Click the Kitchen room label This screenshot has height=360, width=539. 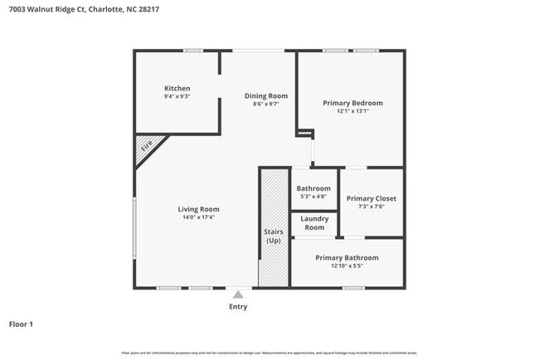tap(177, 89)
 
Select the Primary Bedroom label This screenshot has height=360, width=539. tap(352, 103)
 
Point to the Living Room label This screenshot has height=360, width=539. tap(198, 209)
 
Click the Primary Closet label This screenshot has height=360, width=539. tap(371, 199)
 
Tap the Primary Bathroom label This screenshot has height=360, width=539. tap(347, 258)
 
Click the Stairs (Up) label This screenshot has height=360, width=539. tap(274, 236)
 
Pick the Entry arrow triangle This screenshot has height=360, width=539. tap(238, 294)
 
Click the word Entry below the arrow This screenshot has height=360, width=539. tap(238, 307)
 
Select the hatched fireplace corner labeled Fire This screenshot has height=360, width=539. tap(147, 146)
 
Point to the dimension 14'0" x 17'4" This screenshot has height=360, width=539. tap(198, 217)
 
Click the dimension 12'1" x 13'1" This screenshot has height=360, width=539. tap(352, 111)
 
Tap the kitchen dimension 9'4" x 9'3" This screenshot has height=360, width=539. tap(177, 97)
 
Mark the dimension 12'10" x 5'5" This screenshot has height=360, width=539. tap(347, 266)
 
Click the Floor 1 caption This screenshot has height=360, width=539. tap(22, 324)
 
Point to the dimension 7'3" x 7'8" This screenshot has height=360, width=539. tap(371, 207)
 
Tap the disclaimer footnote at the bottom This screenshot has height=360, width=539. tap(269, 353)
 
